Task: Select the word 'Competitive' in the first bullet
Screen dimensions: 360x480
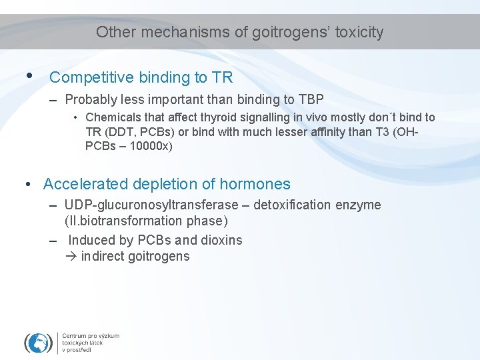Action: [91, 78]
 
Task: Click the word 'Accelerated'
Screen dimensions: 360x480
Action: [85, 184]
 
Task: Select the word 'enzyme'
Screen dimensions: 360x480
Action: [358, 205]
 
